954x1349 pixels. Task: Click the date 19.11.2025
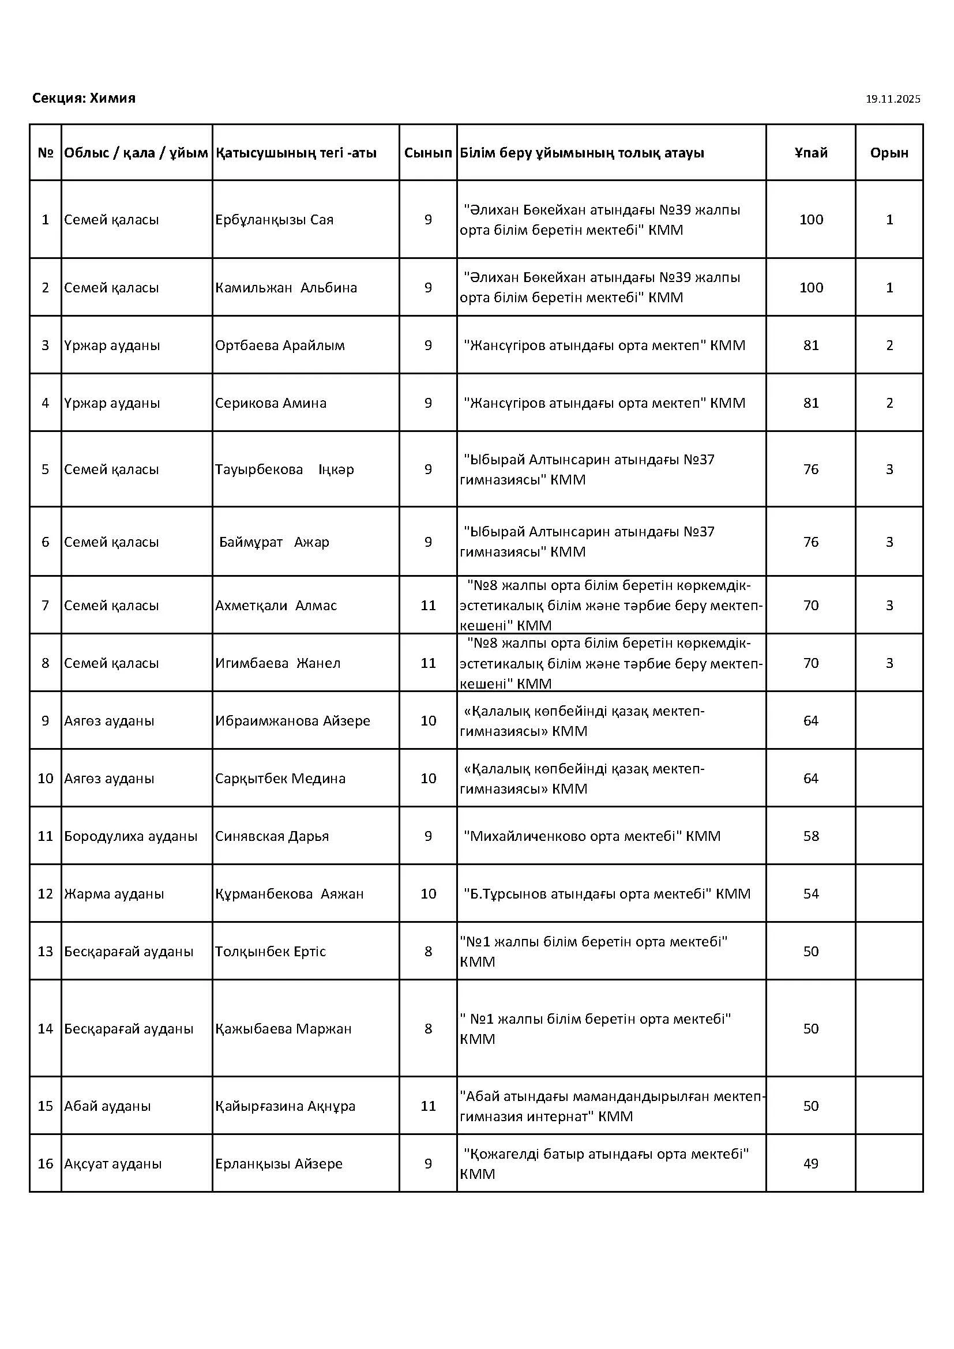(892, 99)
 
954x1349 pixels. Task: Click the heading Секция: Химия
(84, 98)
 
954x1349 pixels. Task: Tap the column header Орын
(889, 153)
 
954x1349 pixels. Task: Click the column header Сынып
(427, 153)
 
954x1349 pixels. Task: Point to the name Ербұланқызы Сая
(274, 220)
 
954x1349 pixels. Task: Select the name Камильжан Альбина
(286, 288)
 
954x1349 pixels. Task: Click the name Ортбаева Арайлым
(280, 345)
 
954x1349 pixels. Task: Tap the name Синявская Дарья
(272, 836)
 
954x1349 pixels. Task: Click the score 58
(810, 836)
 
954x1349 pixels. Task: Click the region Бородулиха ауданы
(130, 836)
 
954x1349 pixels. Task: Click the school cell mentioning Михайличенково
(592, 836)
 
